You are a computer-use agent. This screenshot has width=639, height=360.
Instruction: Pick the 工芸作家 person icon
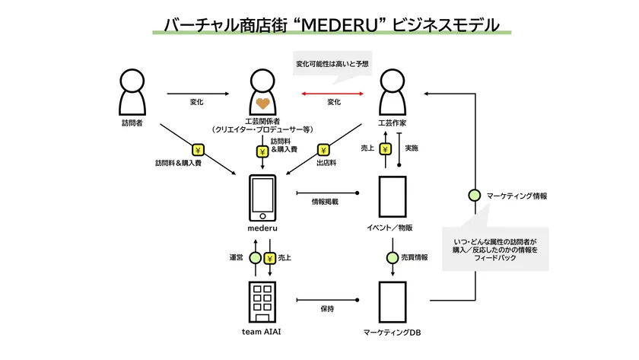(x=390, y=91)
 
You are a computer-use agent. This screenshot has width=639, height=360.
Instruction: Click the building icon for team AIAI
(x=262, y=300)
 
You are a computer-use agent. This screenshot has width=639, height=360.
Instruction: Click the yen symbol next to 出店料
(x=323, y=149)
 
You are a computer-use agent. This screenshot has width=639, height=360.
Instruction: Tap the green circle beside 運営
(x=255, y=257)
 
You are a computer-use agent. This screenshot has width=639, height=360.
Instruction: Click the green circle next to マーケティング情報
(x=475, y=196)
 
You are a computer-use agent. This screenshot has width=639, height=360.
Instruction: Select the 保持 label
(x=328, y=308)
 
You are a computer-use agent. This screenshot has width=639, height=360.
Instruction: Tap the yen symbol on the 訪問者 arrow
(x=198, y=149)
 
